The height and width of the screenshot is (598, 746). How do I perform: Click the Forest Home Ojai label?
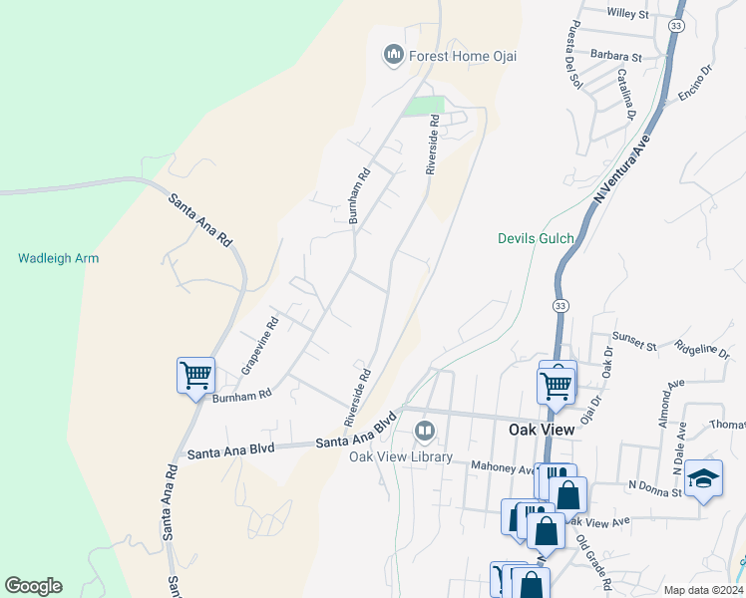click(463, 56)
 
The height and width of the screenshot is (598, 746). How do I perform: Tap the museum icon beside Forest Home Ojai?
click(393, 54)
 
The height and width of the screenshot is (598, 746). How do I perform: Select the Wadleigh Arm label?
click(59, 258)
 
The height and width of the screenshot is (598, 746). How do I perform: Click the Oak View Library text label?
click(401, 457)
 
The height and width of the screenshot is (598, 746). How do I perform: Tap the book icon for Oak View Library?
click(424, 432)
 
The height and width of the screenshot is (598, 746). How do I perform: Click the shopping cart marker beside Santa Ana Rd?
click(196, 377)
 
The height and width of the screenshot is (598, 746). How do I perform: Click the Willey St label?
click(627, 14)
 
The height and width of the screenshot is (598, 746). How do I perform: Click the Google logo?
click(33, 586)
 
